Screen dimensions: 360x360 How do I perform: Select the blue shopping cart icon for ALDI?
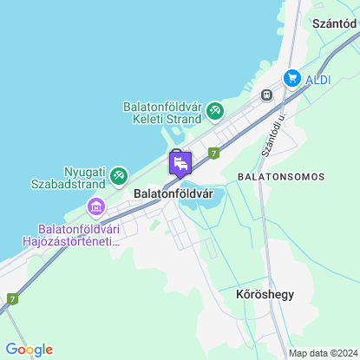291,78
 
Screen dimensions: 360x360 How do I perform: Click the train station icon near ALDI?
268,95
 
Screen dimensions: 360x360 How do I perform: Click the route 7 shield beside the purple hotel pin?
213,152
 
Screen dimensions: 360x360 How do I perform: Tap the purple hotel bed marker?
180,162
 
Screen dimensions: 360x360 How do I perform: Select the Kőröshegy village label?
265,294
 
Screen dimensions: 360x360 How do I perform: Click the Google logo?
29,349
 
